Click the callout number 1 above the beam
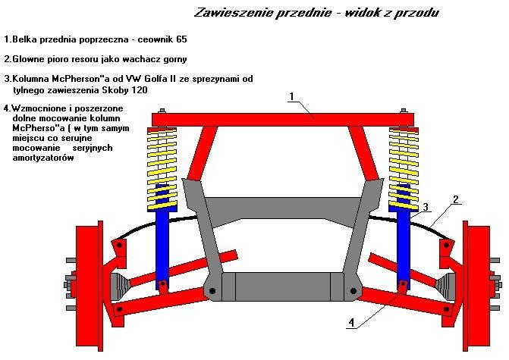pyautogui.click(x=291, y=97)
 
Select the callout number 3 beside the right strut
pyautogui.click(x=426, y=207)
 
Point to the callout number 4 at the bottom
pyautogui.click(x=350, y=322)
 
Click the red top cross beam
pyautogui.click(x=282, y=119)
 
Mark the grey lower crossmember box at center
pyautogui.click(x=282, y=286)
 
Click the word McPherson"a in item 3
pyautogui.click(x=83, y=78)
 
